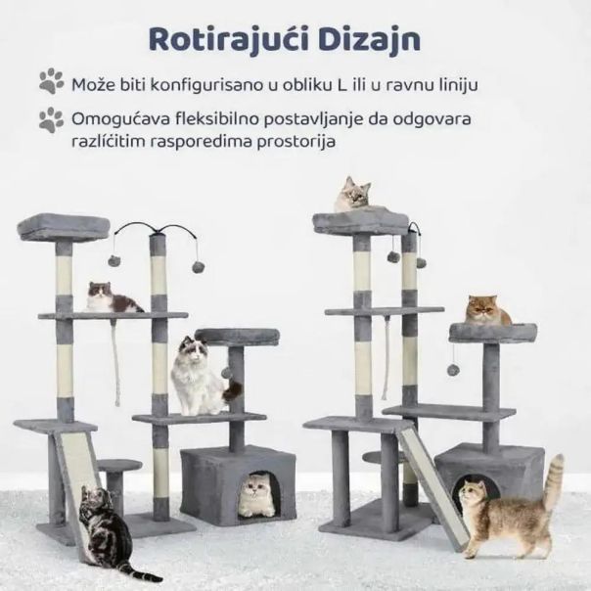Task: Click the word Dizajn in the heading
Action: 370,39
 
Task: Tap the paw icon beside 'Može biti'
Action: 52,80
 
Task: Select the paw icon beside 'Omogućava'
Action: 52,119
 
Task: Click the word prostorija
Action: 296,142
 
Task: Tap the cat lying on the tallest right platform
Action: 353,195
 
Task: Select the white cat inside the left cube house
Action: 258,495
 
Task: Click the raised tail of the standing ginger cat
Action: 555,478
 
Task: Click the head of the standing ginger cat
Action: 475,495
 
